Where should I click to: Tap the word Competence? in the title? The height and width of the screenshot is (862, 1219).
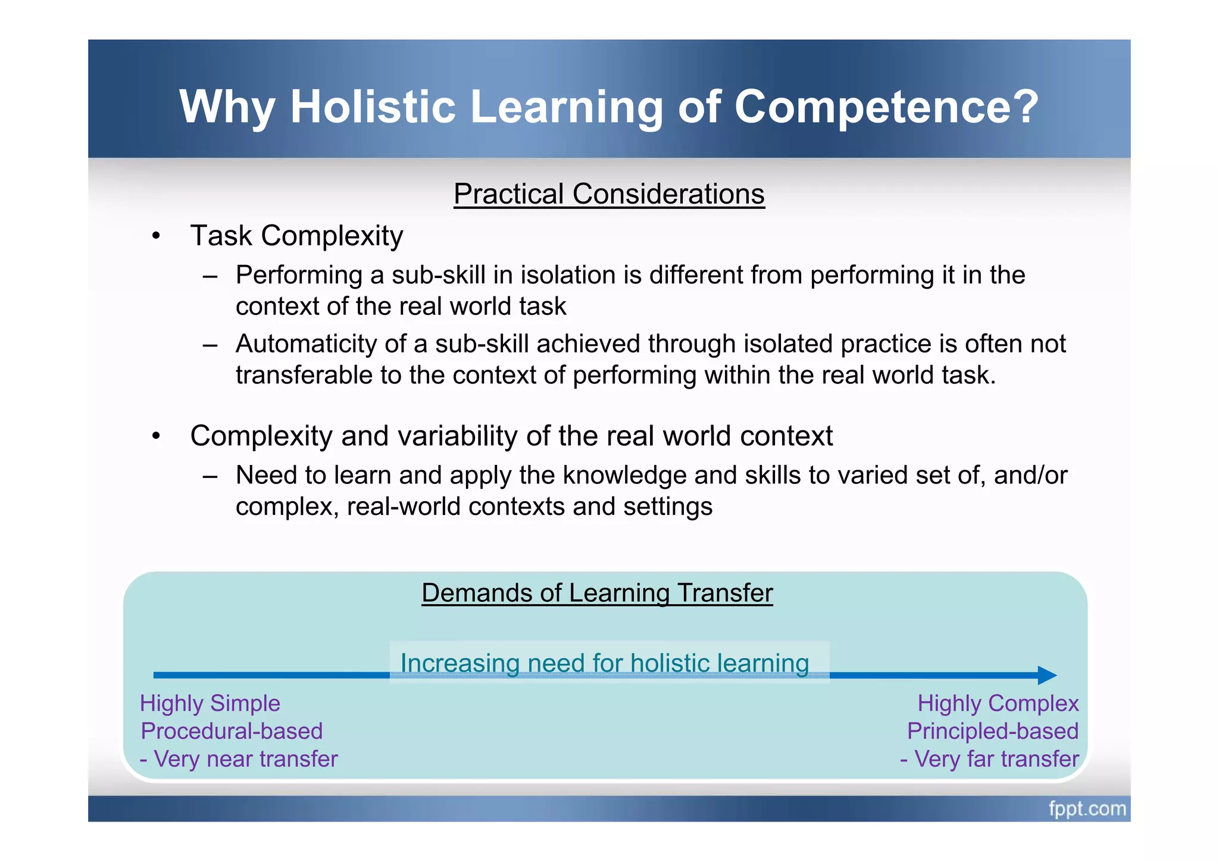886,107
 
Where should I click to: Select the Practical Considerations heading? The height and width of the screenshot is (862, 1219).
609,194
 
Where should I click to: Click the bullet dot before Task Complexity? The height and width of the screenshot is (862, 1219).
156,236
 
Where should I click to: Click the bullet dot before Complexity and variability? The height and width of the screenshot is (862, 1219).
156,436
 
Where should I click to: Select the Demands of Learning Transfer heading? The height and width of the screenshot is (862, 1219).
597,593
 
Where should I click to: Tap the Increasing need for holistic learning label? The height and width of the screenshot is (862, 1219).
605,663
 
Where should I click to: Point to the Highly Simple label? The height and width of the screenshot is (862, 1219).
210,704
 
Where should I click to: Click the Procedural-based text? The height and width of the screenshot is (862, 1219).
232,731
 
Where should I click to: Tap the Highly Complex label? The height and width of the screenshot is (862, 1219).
998,704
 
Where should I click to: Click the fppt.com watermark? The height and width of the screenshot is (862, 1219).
1087,809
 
